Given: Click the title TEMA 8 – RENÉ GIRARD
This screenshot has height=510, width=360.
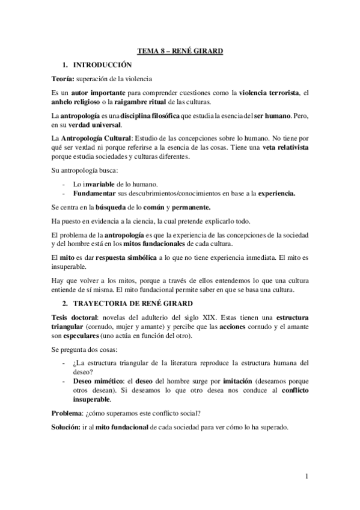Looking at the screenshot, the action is (x=180, y=52).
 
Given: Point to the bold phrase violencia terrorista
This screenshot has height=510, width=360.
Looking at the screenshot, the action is (x=269, y=91).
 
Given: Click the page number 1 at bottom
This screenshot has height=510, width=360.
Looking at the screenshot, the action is (x=307, y=478).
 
